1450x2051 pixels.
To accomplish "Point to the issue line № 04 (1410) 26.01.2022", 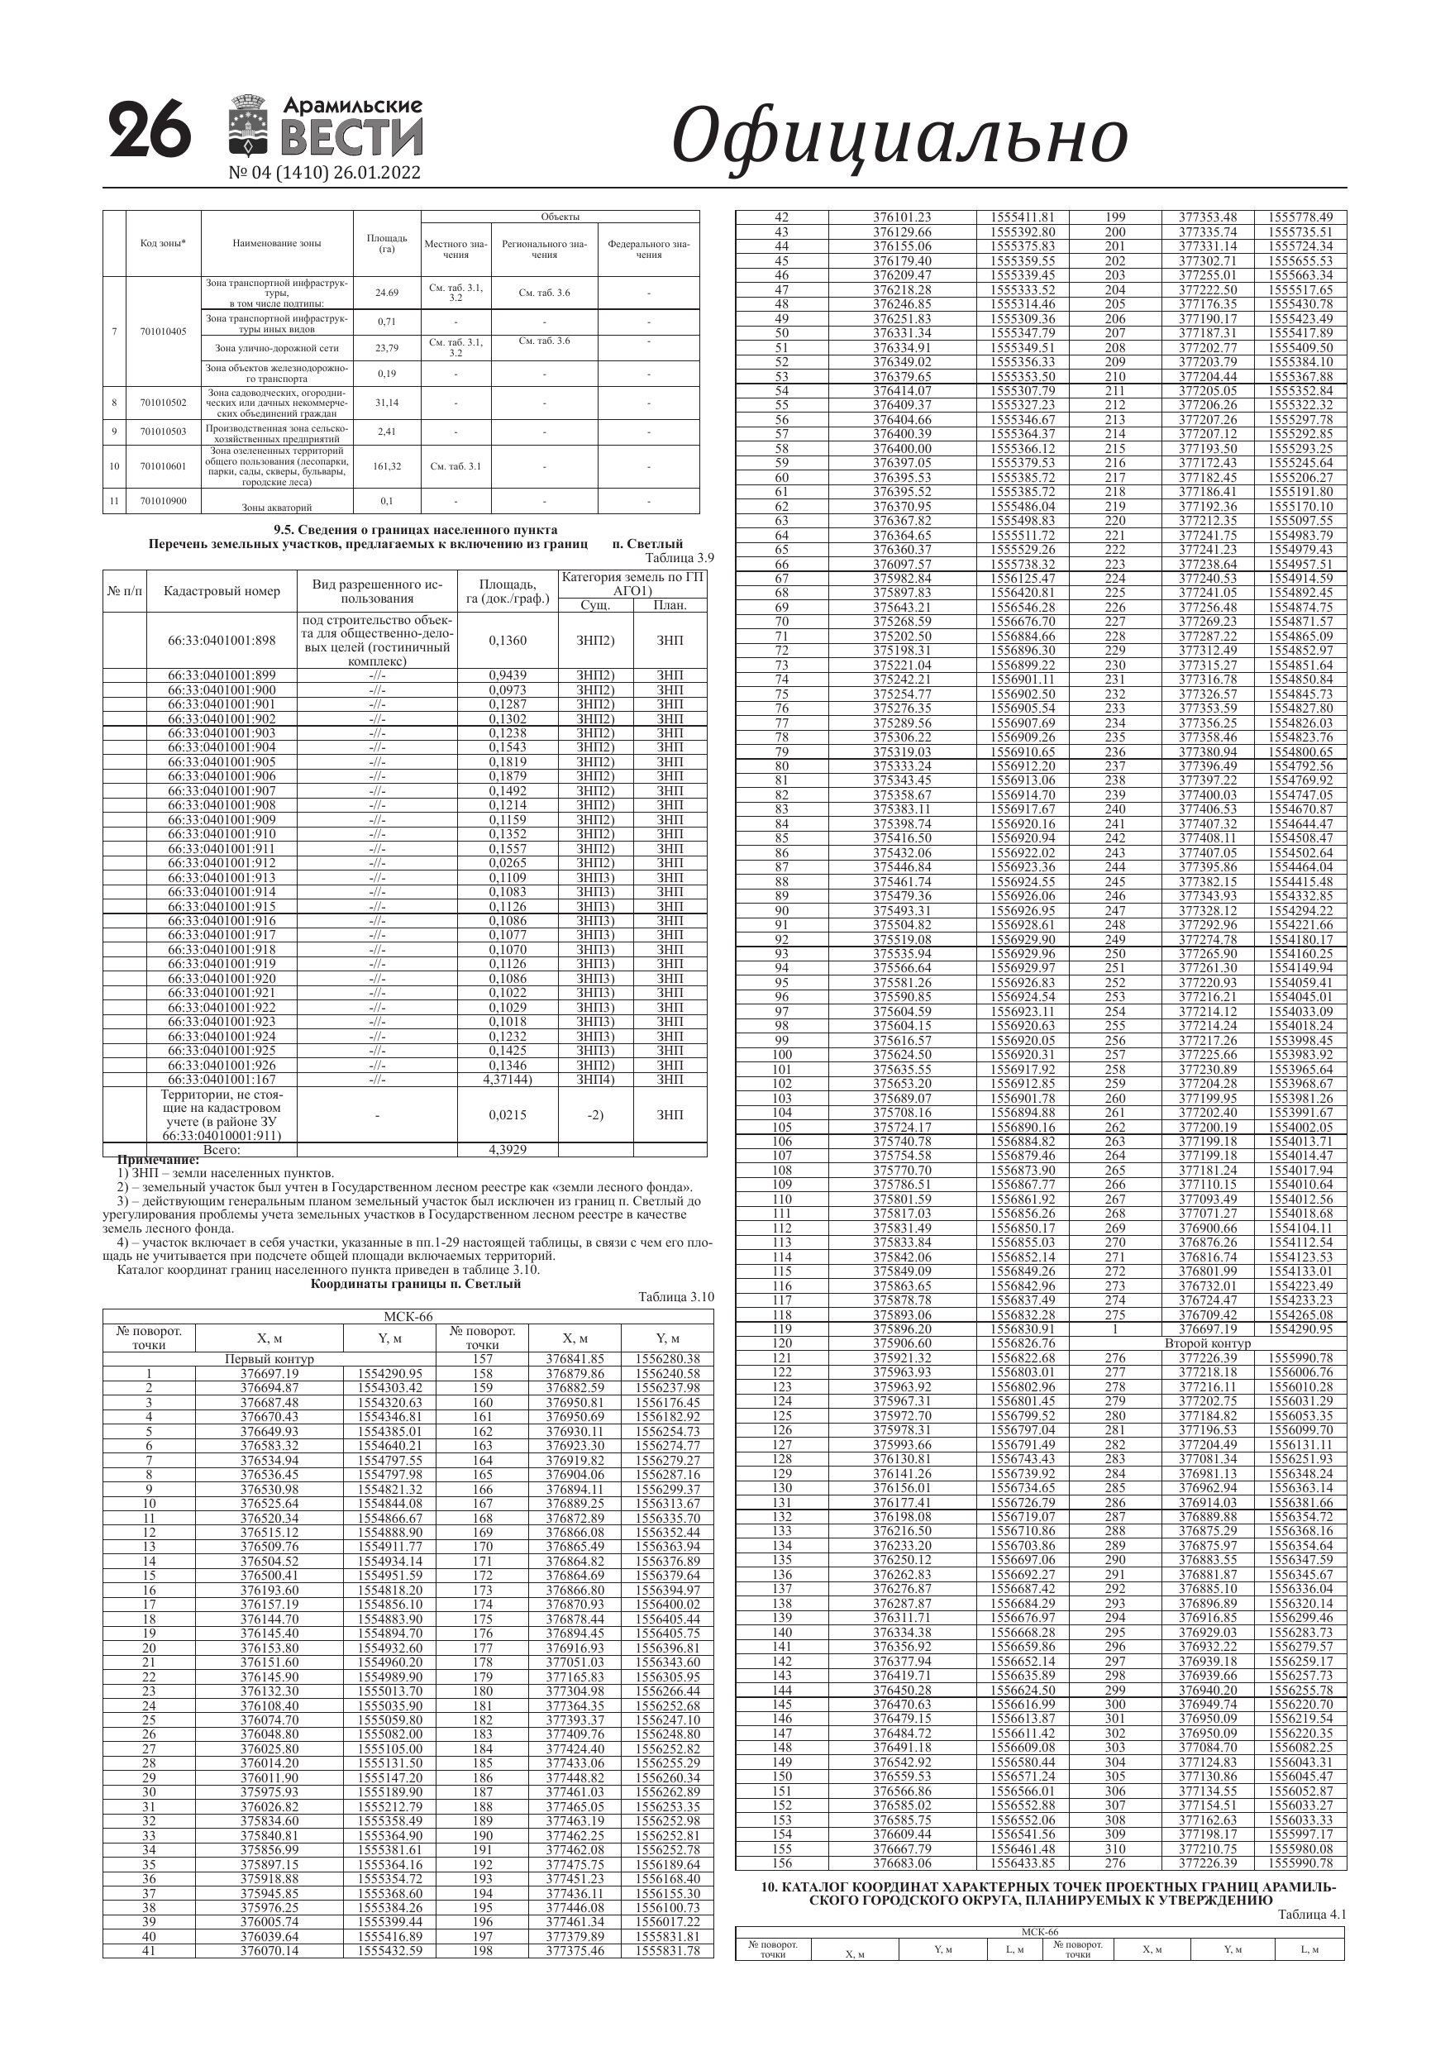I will click(324, 173).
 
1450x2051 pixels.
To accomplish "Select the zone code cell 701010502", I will click(164, 403).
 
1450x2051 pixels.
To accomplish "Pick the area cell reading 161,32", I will click(387, 466).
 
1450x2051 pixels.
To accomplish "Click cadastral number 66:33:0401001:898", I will click(222, 641).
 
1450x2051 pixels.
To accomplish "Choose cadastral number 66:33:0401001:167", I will click(222, 1079).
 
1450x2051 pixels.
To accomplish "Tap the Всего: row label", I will click(222, 1150).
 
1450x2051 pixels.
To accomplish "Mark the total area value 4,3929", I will click(508, 1150).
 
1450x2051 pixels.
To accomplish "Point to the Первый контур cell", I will click(269, 1359).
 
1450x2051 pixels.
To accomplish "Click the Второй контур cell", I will click(1207, 1343).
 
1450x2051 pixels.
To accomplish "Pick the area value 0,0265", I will click(508, 863).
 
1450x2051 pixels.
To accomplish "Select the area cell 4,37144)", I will click(508, 1079).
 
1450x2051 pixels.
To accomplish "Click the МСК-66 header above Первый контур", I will click(408, 1317).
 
